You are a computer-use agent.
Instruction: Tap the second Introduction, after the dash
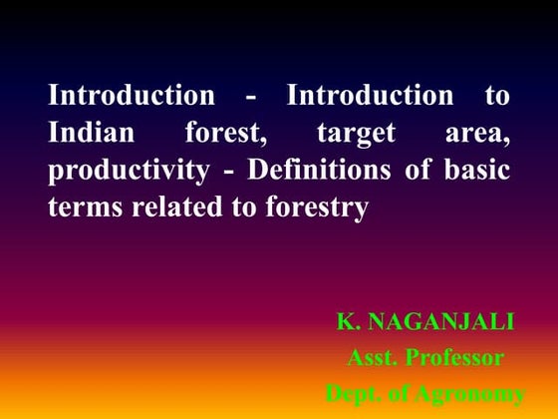370,97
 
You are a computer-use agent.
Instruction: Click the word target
356,135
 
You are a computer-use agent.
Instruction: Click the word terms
80,208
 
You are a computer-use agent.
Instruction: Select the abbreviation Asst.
371,356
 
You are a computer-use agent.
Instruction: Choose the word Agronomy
469,394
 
